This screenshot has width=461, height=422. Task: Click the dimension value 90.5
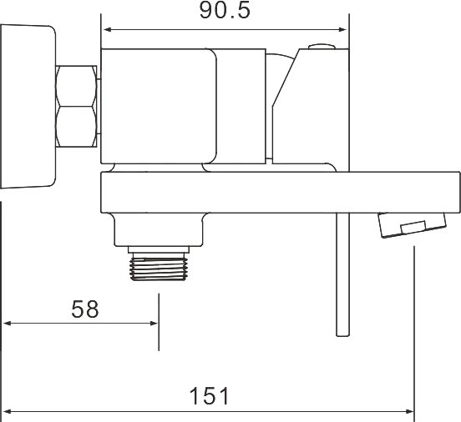point(225,10)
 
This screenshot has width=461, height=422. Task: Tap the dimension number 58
point(85,309)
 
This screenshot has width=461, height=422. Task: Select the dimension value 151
point(209,396)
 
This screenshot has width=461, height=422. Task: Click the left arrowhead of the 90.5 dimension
point(107,29)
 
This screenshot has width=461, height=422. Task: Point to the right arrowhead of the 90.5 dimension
point(342,29)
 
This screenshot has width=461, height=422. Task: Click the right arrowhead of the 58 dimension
point(155,324)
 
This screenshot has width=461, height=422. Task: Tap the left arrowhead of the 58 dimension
point(8,324)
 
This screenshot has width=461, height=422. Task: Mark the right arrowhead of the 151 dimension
point(409,411)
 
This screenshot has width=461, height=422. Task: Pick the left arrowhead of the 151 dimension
point(8,411)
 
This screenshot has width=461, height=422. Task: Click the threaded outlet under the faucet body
point(159,267)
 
